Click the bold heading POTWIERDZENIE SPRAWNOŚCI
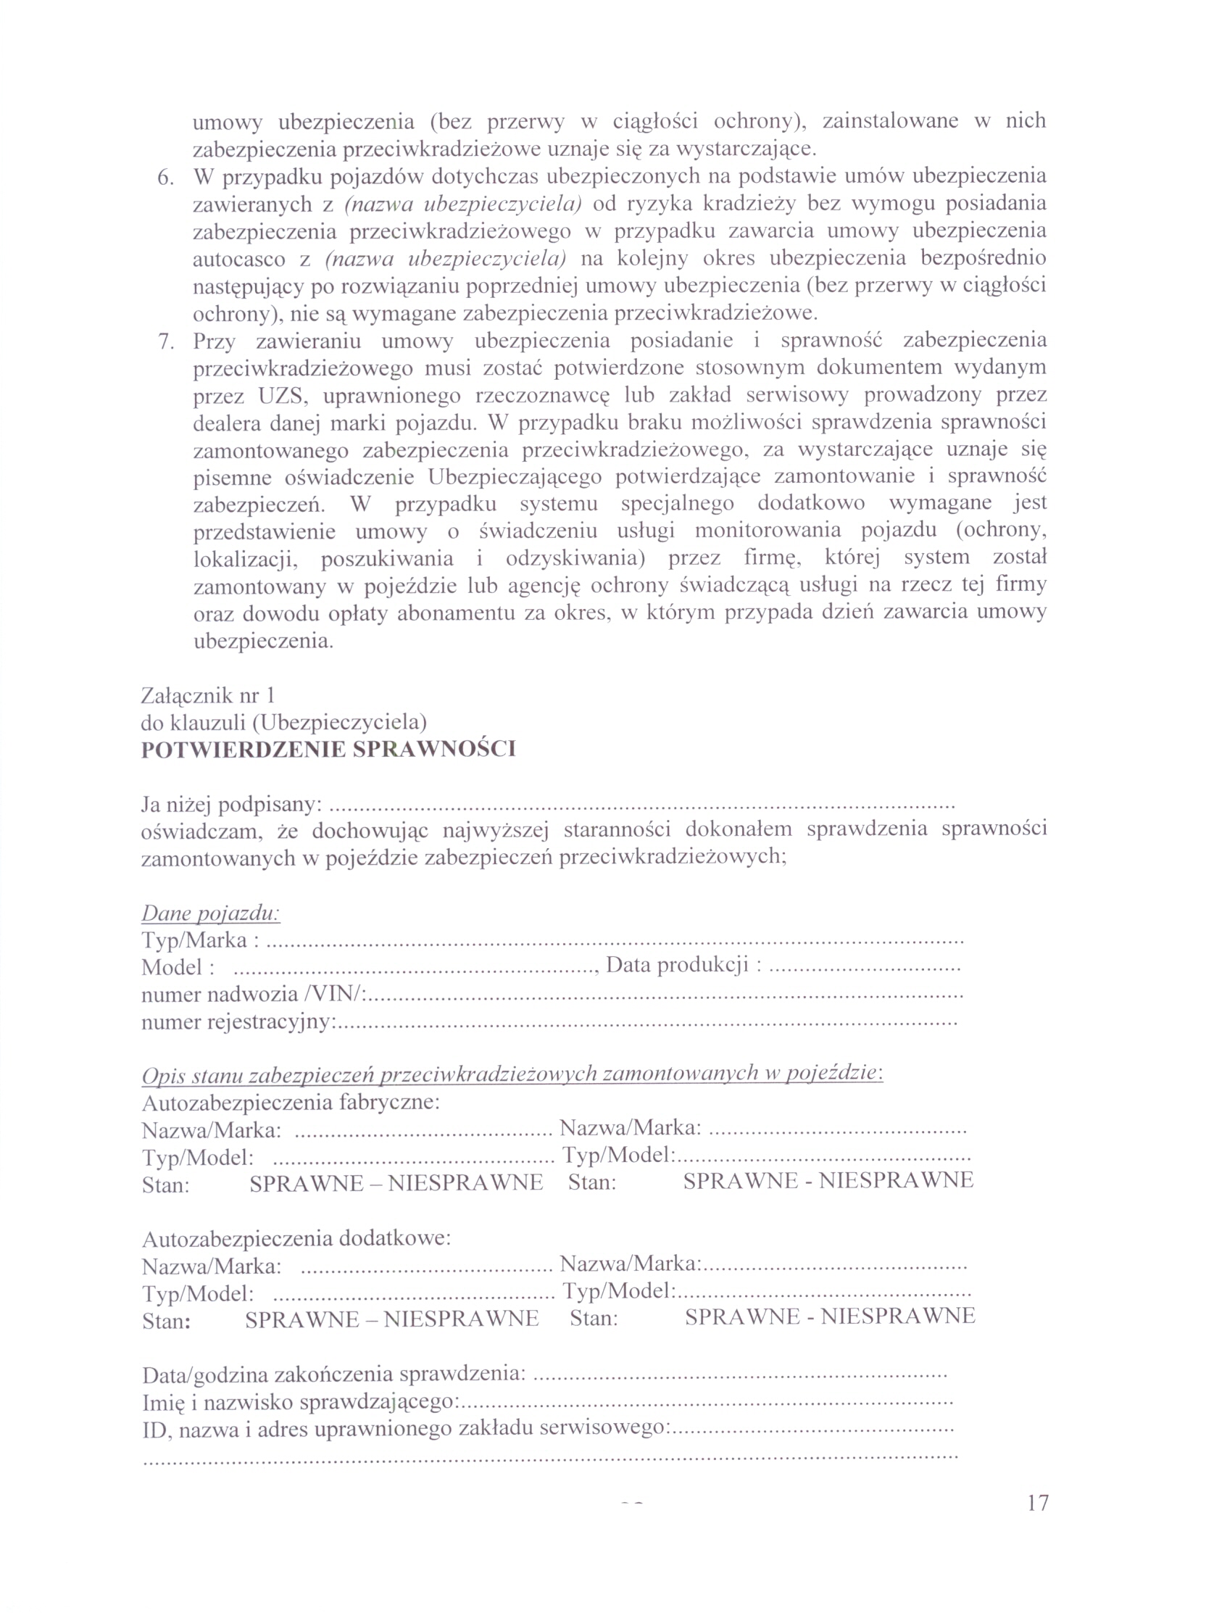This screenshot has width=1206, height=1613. pyautogui.click(x=328, y=750)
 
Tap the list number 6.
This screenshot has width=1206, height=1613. pyautogui.click(x=166, y=177)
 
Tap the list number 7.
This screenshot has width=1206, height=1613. pyautogui.click(x=166, y=341)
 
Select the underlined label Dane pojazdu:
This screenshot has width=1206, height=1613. pyautogui.click(x=210, y=913)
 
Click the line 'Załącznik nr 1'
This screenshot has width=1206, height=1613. pyautogui.click(x=207, y=695)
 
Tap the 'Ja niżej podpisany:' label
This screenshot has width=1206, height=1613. pyautogui.click(x=231, y=804)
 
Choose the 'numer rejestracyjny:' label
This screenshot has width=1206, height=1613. pyautogui.click(x=238, y=1021)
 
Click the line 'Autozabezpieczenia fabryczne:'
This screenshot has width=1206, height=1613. pyautogui.click(x=291, y=1102)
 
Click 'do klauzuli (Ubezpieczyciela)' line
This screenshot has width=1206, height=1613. pyautogui.click(x=283, y=722)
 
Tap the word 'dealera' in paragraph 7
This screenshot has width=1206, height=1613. pyautogui.click(x=228, y=423)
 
